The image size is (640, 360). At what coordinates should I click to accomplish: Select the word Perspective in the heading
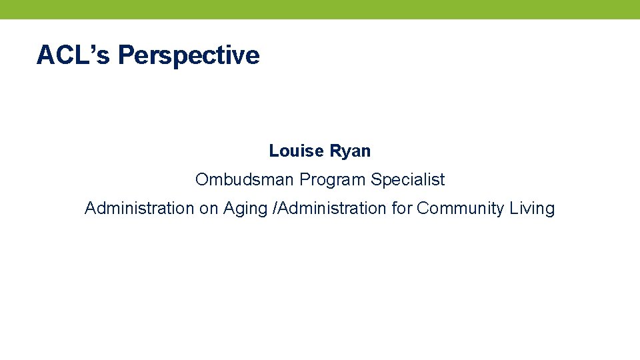(x=189, y=56)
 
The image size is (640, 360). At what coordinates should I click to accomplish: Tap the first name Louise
(x=295, y=151)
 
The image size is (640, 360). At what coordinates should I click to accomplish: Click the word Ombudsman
(x=245, y=179)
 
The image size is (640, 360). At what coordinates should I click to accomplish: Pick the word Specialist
(x=408, y=180)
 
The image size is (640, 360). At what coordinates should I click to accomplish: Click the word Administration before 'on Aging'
(x=139, y=208)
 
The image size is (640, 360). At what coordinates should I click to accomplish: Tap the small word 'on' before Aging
(x=208, y=209)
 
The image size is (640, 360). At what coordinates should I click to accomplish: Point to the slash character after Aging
(x=274, y=209)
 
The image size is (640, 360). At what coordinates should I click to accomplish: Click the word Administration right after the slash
(x=331, y=208)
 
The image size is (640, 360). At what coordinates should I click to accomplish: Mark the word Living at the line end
(x=532, y=209)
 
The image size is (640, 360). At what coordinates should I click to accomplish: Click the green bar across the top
(x=320, y=9)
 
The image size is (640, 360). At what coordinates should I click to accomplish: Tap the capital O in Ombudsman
(x=201, y=179)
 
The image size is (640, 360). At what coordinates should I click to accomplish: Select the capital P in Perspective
(x=125, y=55)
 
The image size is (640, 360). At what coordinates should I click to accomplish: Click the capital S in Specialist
(x=376, y=179)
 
